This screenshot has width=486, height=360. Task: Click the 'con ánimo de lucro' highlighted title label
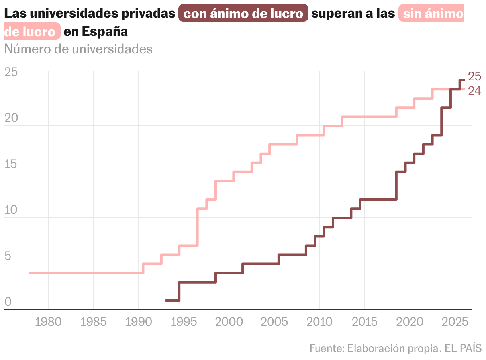tap(243, 14)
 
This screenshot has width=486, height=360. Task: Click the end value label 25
tap(474, 76)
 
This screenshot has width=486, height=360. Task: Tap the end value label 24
tap(474, 91)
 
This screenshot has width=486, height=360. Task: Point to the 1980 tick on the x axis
tap(48, 322)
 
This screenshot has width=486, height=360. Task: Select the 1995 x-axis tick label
tap(184, 322)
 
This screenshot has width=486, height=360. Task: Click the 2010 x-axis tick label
tap(319, 322)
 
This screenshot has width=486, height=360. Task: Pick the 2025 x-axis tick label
tap(455, 322)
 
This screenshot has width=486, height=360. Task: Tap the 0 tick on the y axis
tap(8, 302)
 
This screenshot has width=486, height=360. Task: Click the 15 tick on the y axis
tap(11, 164)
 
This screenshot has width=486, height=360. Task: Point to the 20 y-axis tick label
tap(11, 119)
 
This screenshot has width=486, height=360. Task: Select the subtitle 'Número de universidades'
tap(78, 49)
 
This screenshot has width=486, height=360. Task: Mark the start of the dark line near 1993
tap(166, 301)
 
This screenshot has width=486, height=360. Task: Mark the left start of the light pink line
tap(30, 273)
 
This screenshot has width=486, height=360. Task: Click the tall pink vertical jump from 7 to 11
tap(198, 227)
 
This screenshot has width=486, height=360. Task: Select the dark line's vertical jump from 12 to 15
tap(396, 186)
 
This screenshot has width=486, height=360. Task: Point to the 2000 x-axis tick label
tap(229, 322)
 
